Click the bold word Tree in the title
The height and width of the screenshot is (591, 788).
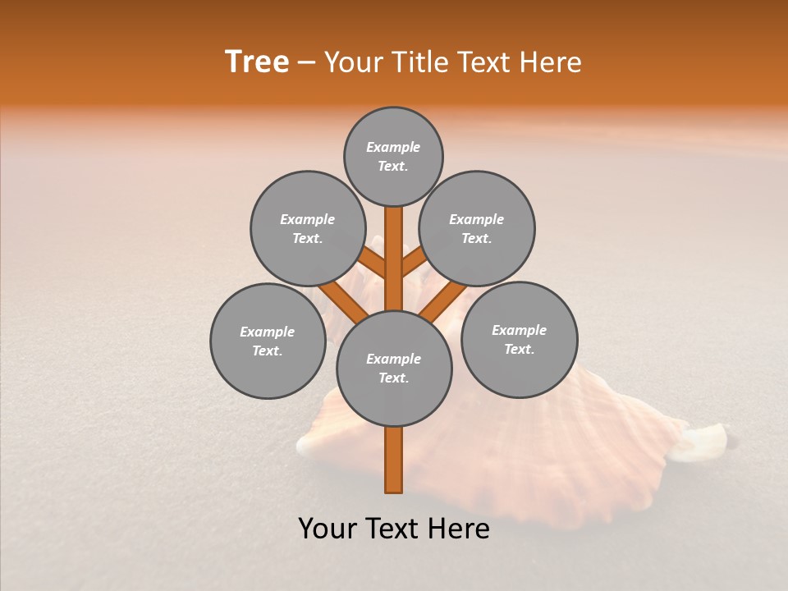coord(257,62)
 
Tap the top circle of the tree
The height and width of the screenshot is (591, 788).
coord(393,156)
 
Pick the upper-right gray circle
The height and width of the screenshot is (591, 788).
coord(477,228)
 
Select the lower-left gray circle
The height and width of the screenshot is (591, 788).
coord(268,341)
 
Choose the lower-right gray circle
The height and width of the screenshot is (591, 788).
coord(520,339)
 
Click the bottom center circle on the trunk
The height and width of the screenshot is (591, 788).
coord(394,368)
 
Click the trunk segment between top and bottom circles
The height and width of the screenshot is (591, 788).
coord(394,259)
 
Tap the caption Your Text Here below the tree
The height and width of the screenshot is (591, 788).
coord(394,529)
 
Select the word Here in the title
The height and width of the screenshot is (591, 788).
coord(552,62)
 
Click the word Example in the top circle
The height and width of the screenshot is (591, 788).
coord(393,147)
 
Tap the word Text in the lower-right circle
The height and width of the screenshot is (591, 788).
coord(518,349)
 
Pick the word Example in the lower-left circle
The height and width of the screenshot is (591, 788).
coord(267,332)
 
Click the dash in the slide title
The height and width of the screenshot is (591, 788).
coord(307,62)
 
